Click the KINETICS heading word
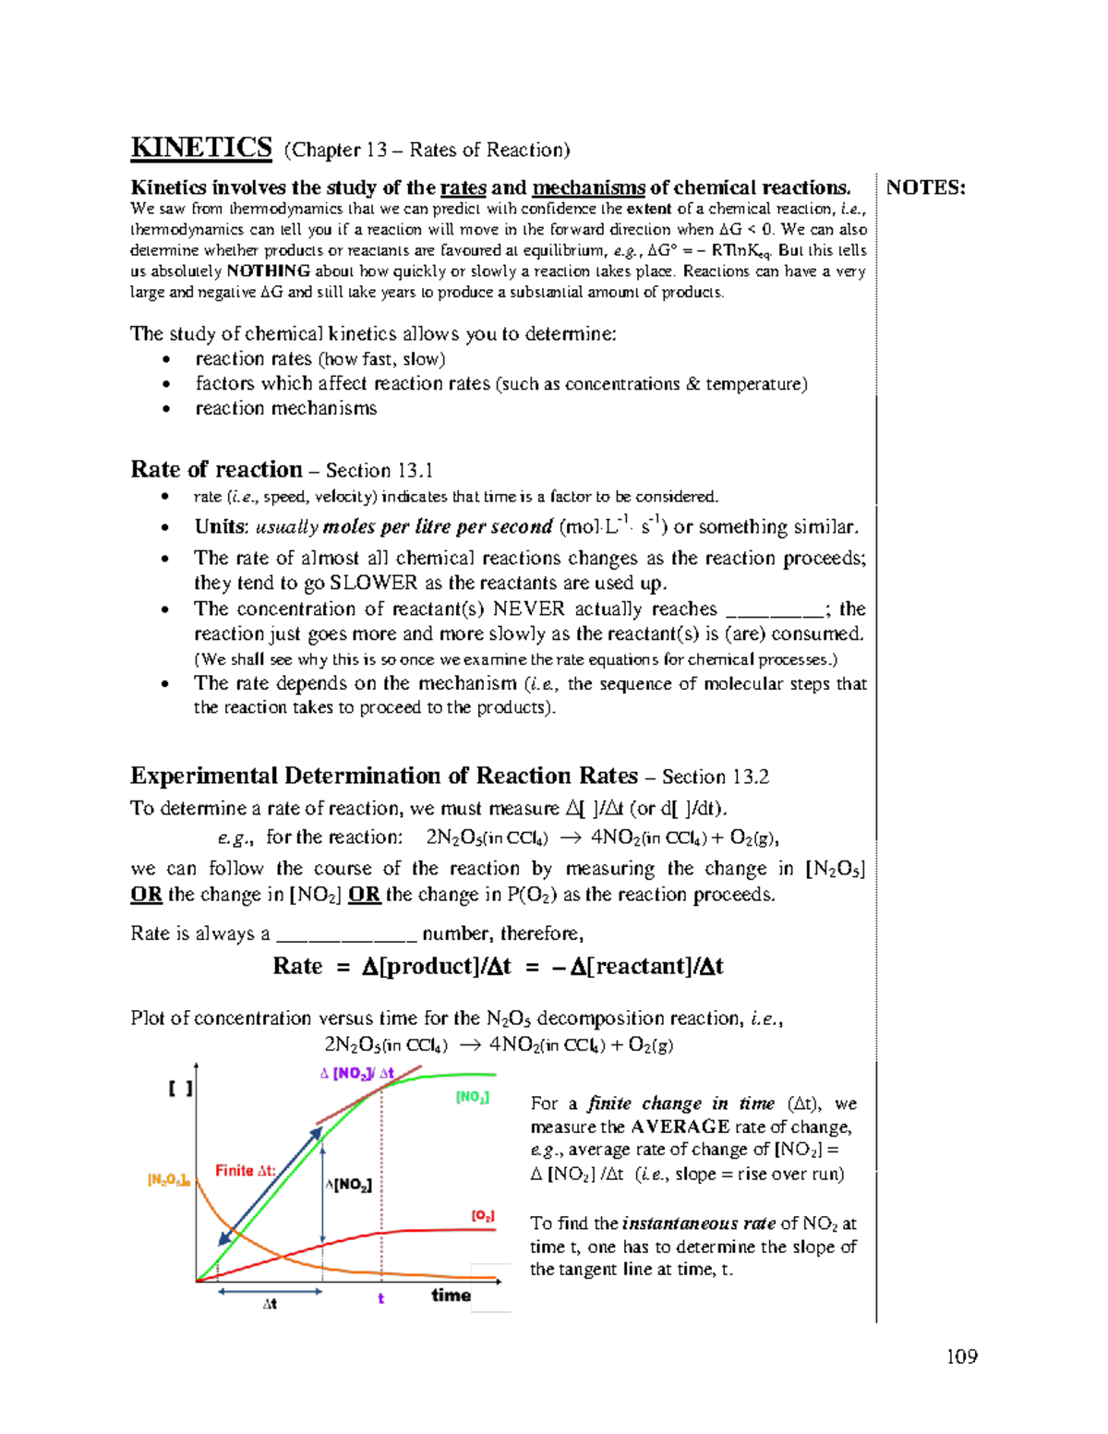(x=201, y=148)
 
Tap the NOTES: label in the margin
(x=925, y=188)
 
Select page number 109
(x=961, y=1356)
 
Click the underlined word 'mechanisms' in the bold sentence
(x=588, y=188)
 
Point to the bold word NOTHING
(x=268, y=271)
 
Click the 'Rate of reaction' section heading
(x=216, y=469)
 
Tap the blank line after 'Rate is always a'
(x=346, y=935)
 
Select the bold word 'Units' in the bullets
(x=220, y=527)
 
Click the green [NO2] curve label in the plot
(x=472, y=1097)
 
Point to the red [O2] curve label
(x=483, y=1216)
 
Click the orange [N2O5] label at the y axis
(x=168, y=1180)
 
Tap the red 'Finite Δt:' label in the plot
(x=245, y=1171)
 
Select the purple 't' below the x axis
(x=380, y=1299)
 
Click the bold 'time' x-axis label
(x=451, y=1295)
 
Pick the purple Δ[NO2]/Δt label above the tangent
(x=356, y=1073)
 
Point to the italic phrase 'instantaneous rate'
(x=698, y=1223)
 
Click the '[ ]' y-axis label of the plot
(x=180, y=1089)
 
